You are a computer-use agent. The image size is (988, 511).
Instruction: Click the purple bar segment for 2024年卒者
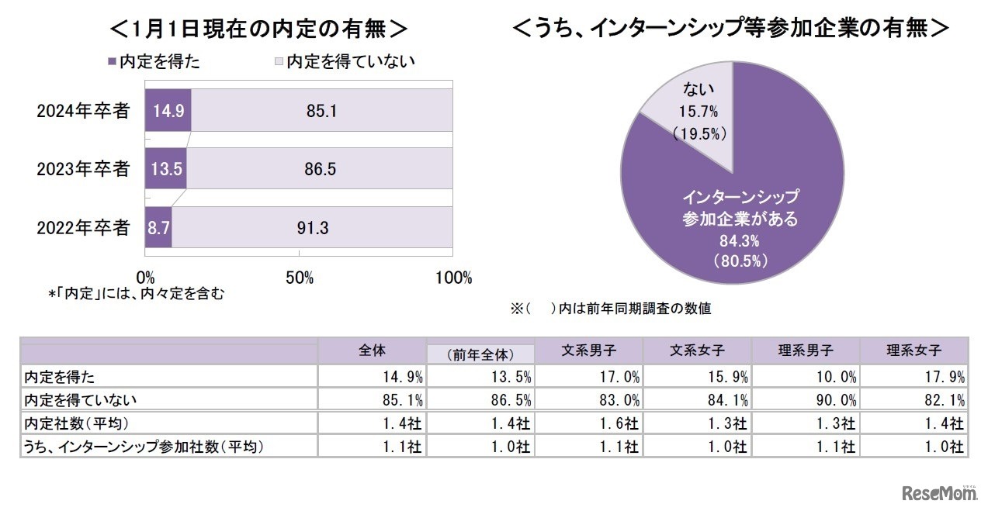[168, 109]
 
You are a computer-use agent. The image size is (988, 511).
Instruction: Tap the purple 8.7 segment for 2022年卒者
[158, 227]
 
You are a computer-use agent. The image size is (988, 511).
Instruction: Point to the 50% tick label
[300, 278]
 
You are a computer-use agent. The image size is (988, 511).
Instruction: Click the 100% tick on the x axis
[452, 278]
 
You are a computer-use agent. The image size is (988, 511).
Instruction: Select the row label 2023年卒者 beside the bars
[83, 169]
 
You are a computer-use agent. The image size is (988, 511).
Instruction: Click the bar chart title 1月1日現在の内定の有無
[258, 29]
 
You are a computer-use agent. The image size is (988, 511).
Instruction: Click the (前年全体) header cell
[480, 354]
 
